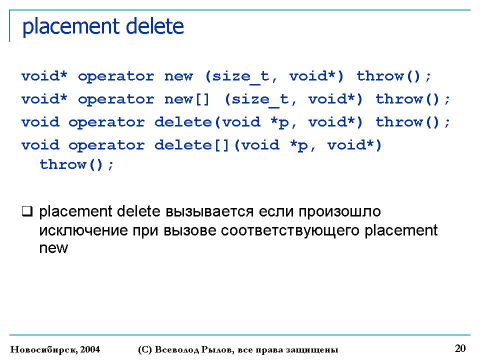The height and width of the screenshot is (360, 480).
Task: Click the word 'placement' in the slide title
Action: pyautogui.click(x=71, y=27)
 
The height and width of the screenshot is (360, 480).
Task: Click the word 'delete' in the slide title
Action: pyautogui.click(x=155, y=26)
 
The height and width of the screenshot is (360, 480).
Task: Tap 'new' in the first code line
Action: pyautogui.click(x=179, y=76)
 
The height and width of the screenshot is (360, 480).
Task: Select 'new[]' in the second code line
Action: pyautogui.click(x=187, y=99)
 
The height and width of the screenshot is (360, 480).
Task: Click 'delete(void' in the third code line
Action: pyautogui.click(x=207, y=122)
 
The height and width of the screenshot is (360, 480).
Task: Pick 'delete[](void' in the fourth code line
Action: pyautogui.click(x=217, y=145)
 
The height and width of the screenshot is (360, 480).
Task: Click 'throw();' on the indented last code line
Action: pyautogui.click(x=77, y=164)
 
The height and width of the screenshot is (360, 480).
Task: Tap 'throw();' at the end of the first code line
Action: pyautogui.click(x=394, y=76)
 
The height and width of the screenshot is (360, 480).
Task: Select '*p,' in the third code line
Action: pyautogui.click(x=283, y=123)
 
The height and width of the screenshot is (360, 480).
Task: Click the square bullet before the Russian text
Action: pyautogui.click(x=27, y=211)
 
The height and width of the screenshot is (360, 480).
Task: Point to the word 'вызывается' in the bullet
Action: pyautogui.click(x=209, y=211)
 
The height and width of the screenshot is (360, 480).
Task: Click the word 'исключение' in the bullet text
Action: pyautogui.click(x=83, y=230)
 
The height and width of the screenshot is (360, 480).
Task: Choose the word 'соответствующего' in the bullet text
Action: pyautogui.click(x=290, y=231)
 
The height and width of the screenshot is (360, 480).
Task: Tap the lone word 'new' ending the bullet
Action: pyautogui.click(x=53, y=248)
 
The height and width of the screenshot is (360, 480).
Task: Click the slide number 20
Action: pyautogui.click(x=460, y=348)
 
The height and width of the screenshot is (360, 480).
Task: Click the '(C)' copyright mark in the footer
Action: pyautogui.click(x=144, y=349)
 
